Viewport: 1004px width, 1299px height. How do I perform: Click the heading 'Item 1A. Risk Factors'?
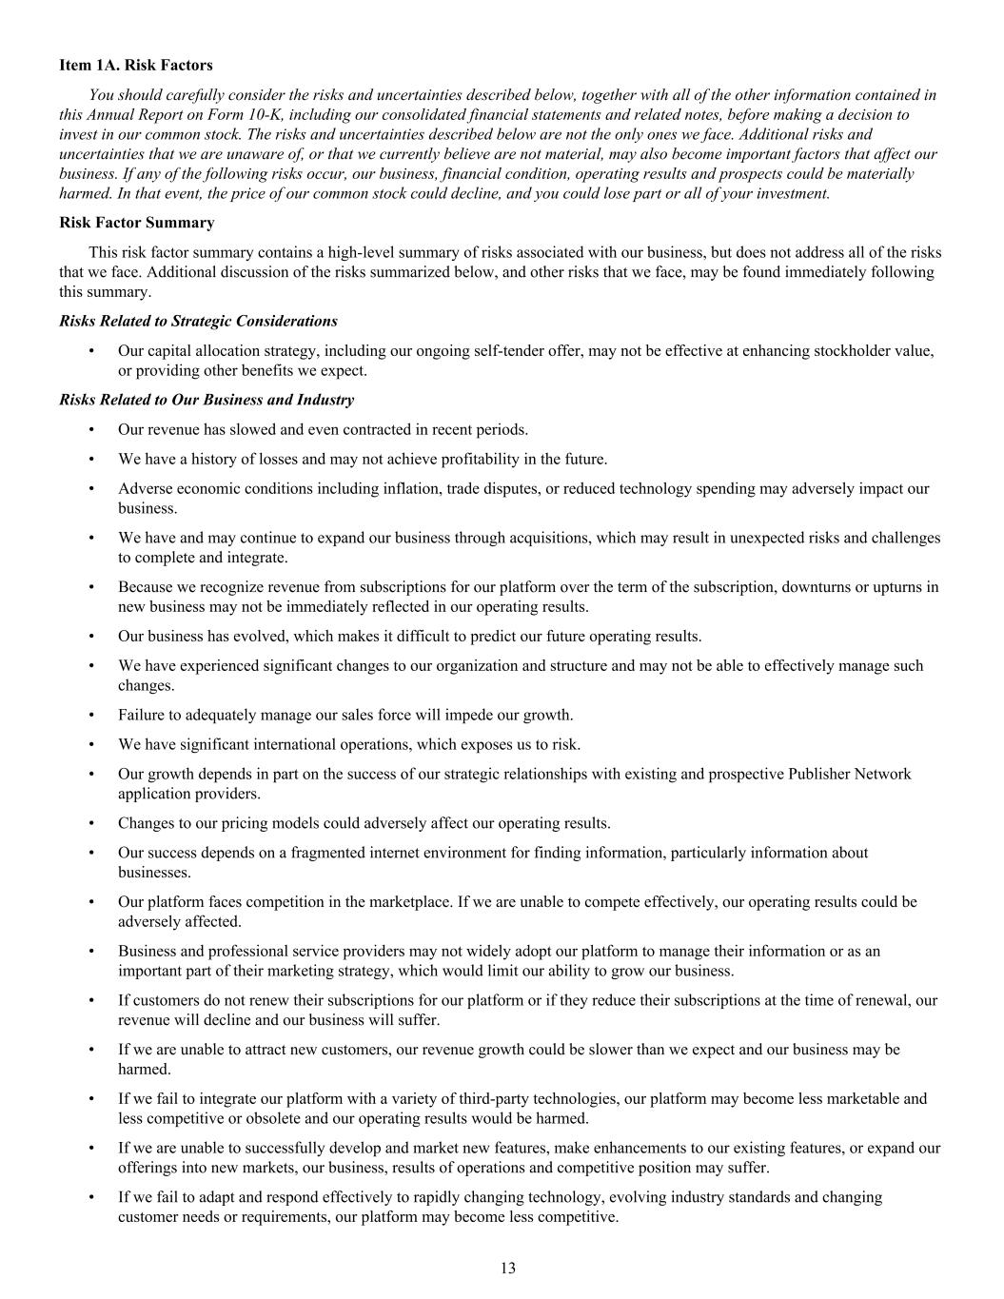click(x=135, y=65)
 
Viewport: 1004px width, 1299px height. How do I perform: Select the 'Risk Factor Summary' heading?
click(x=136, y=223)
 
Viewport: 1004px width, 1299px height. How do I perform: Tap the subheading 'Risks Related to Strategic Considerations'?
click(x=198, y=321)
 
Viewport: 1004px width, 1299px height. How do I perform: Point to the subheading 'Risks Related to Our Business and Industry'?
click(x=207, y=400)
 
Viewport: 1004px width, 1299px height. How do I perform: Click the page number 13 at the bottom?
click(x=507, y=1268)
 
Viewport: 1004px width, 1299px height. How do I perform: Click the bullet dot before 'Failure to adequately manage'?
click(x=91, y=715)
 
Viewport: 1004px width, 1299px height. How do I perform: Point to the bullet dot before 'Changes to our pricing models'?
click(x=91, y=823)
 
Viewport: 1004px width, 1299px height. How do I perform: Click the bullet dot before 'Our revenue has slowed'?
click(x=91, y=429)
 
